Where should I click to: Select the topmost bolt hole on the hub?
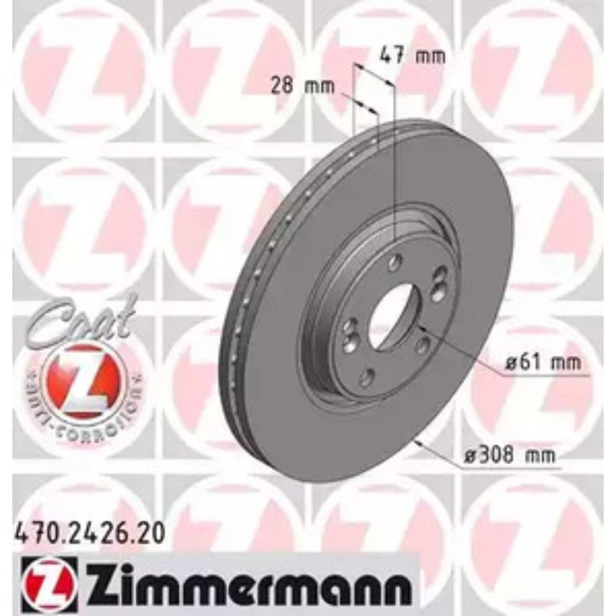click(x=395, y=261)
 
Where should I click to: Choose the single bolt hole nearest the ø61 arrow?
click(x=422, y=345)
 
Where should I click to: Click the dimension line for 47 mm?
click(x=374, y=74)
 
